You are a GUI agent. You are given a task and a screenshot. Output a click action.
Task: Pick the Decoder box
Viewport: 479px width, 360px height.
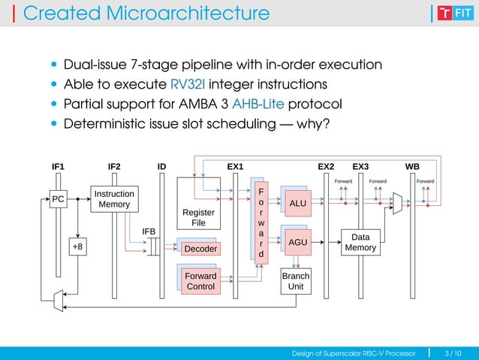pos(200,249)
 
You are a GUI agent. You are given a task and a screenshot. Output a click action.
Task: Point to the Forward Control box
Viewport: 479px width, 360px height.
pos(200,281)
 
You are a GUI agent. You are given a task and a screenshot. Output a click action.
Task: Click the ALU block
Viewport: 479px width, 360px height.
pos(298,204)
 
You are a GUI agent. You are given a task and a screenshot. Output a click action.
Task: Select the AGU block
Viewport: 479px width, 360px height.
pos(298,243)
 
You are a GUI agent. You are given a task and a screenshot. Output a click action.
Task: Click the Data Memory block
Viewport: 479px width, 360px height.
pos(360,243)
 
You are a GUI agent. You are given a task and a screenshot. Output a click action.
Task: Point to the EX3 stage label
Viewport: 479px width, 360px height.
pos(360,166)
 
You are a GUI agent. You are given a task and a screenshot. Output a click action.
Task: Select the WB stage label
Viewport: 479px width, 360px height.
pos(412,166)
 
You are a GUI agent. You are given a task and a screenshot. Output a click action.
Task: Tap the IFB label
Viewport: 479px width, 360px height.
pos(149,231)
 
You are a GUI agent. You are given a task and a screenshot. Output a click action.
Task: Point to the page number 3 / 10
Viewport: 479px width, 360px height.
pos(453,352)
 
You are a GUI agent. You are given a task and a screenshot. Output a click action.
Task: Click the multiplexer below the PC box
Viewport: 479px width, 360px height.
pos(57,301)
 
